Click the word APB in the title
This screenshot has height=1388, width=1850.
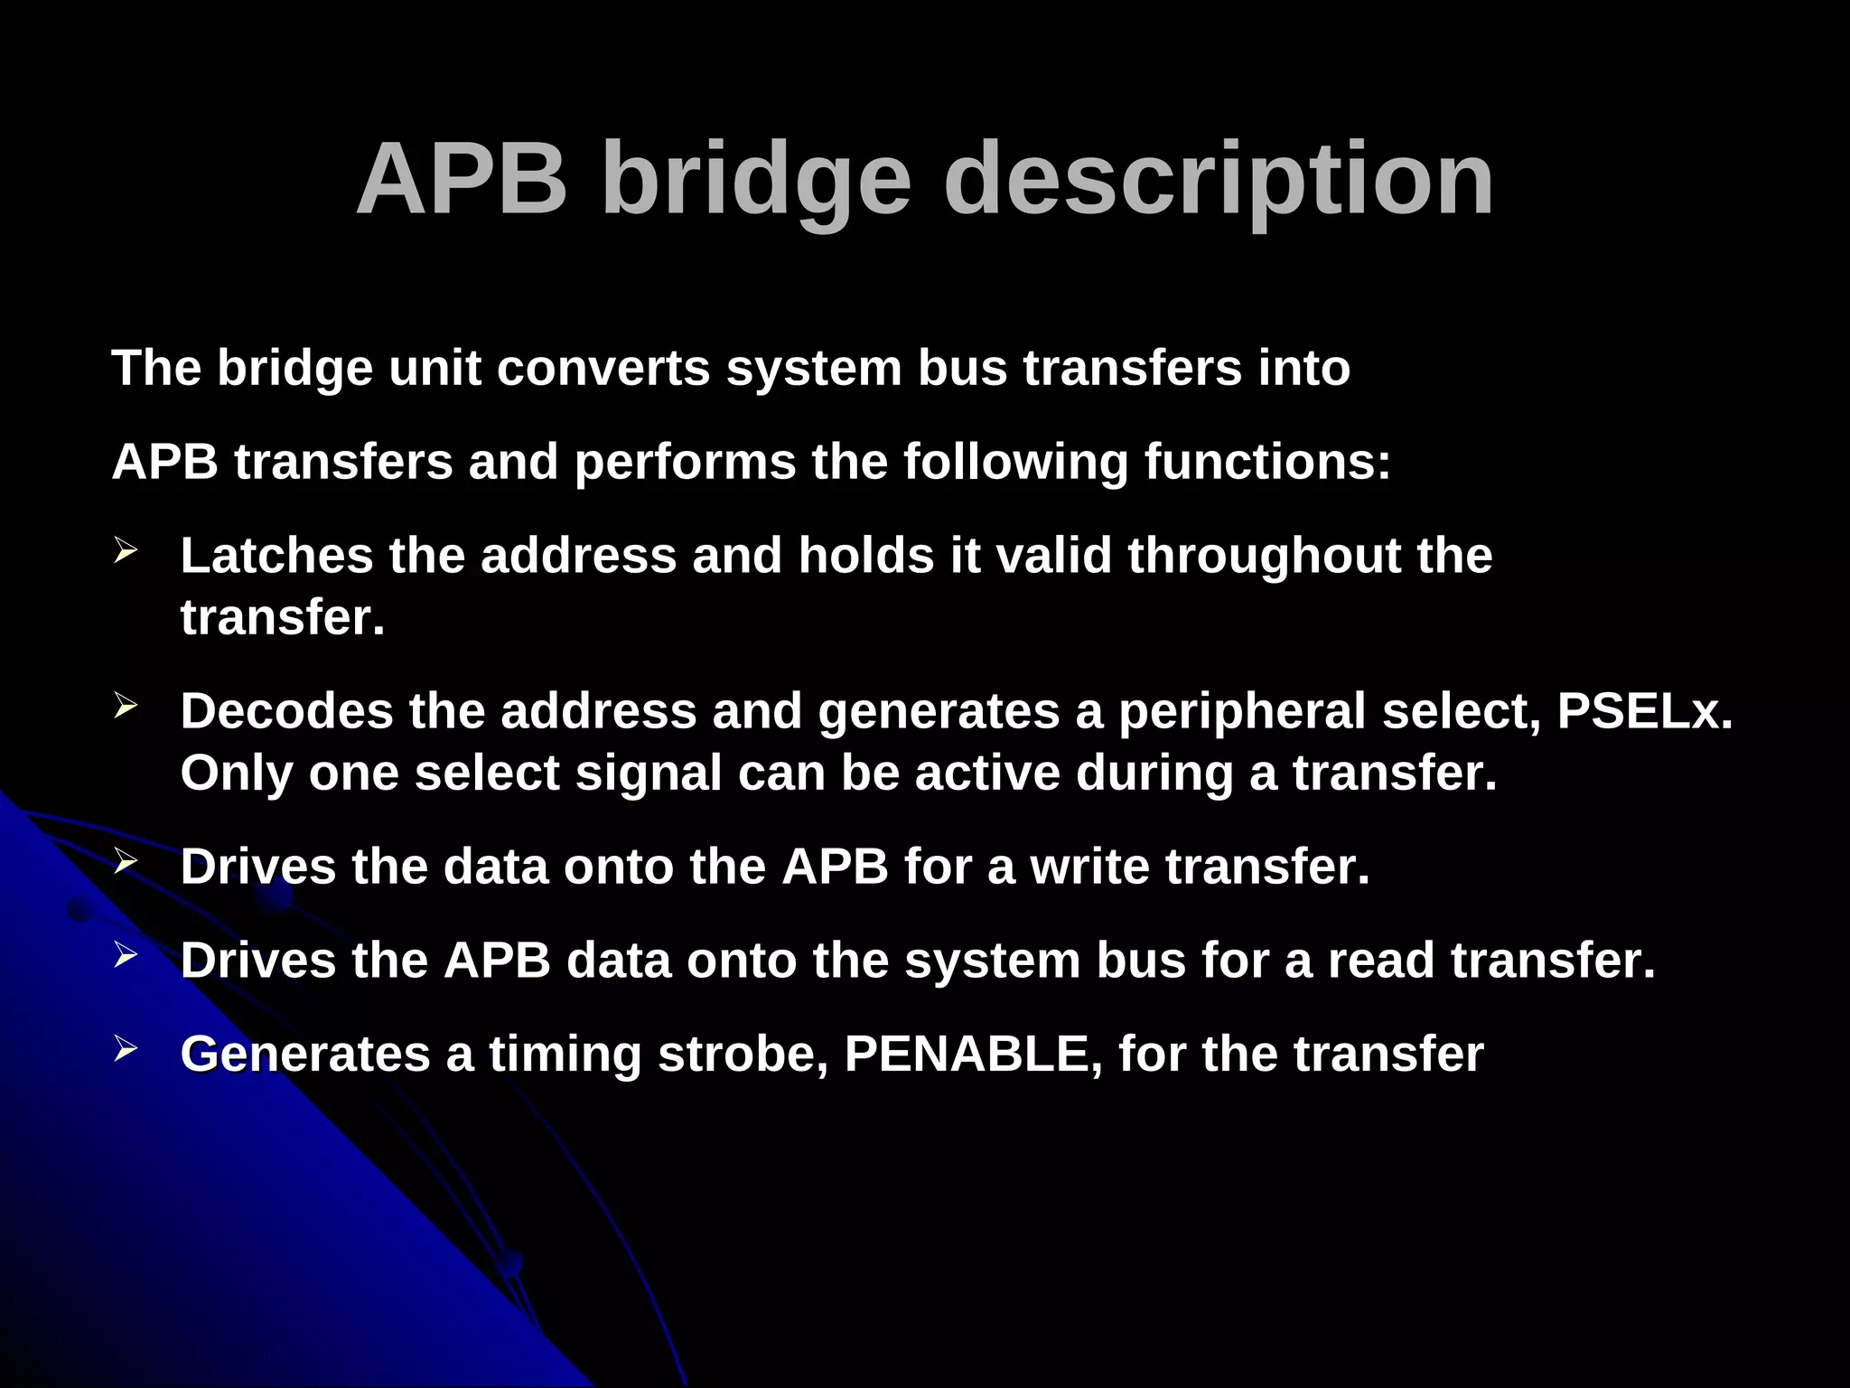[462, 180]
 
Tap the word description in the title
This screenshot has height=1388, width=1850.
[1219, 180]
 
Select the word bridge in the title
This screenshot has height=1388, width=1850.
[756, 180]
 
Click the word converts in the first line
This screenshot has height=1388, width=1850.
[603, 368]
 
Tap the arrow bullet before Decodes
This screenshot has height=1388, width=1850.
[126, 706]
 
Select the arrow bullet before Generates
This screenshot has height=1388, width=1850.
[126, 1048]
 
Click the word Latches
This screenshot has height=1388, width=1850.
[276, 555]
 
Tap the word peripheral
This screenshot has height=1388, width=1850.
[1242, 711]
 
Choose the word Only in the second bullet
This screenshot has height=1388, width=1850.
[237, 774]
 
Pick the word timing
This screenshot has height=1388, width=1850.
[565, 1054]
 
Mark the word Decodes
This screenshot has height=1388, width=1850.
[286, 711]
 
